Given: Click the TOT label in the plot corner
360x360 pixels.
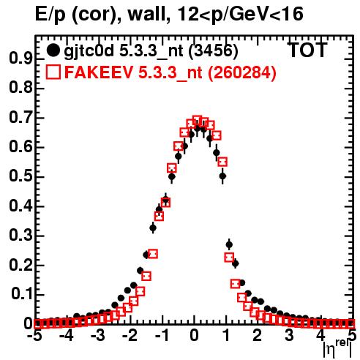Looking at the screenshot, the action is (x=307, y=50).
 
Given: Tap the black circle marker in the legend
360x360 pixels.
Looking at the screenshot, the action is (x=53, y=50).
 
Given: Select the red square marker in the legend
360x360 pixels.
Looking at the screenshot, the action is (x=53, y=72).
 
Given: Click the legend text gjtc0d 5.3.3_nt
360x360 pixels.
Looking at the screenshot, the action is (x=124, y=51).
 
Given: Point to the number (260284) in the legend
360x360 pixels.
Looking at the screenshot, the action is (x=241, y=72).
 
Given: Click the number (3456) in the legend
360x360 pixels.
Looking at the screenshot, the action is (x=214, y=50).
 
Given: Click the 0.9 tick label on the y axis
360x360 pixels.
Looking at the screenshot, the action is (x=20, y=59).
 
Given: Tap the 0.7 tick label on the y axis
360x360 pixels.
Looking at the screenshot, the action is (x=20, y=118).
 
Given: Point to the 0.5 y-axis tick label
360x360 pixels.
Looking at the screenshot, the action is (x=20, y=176).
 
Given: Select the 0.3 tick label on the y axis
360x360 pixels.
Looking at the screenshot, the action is (x=20, y=236).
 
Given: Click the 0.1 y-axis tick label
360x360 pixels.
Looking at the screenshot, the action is (x=21, y=294).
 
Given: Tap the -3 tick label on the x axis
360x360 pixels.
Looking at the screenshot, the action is (x=98, y=336).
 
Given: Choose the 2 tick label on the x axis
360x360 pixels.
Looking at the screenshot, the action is (x=257, y=336).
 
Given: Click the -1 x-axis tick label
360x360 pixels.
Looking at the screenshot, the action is (x=162, y=336).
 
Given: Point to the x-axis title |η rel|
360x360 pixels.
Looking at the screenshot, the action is (x=338, y=349).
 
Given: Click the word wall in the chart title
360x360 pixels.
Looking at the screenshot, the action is (x=146, y=14).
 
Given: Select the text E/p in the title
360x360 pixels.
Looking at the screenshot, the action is (x=50, y=15).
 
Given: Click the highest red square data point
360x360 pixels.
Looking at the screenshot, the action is (x=197, y=121).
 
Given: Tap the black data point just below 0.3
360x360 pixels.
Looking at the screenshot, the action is (x=229, y=244).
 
